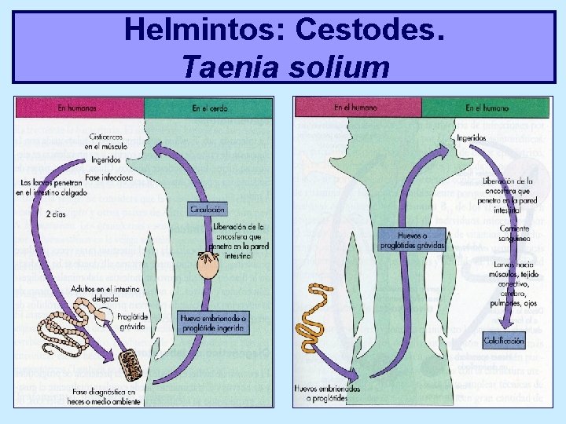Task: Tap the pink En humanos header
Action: pos(78,108)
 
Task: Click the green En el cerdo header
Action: pos(209,108)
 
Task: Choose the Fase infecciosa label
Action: pos(110,177)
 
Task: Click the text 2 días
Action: pos(56,213)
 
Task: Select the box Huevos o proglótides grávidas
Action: pos(411,239)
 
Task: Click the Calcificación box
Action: pos(504,341)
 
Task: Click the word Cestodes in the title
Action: pos(371,31)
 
